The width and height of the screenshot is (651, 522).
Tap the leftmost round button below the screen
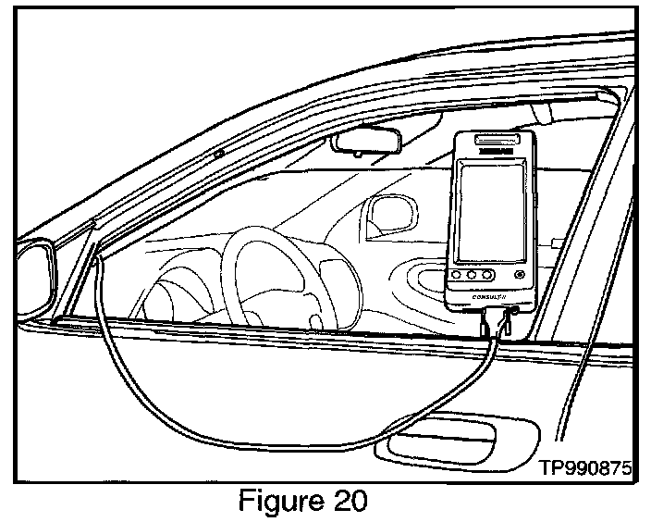[455, 275]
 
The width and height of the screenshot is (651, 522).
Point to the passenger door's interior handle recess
[436, 278]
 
